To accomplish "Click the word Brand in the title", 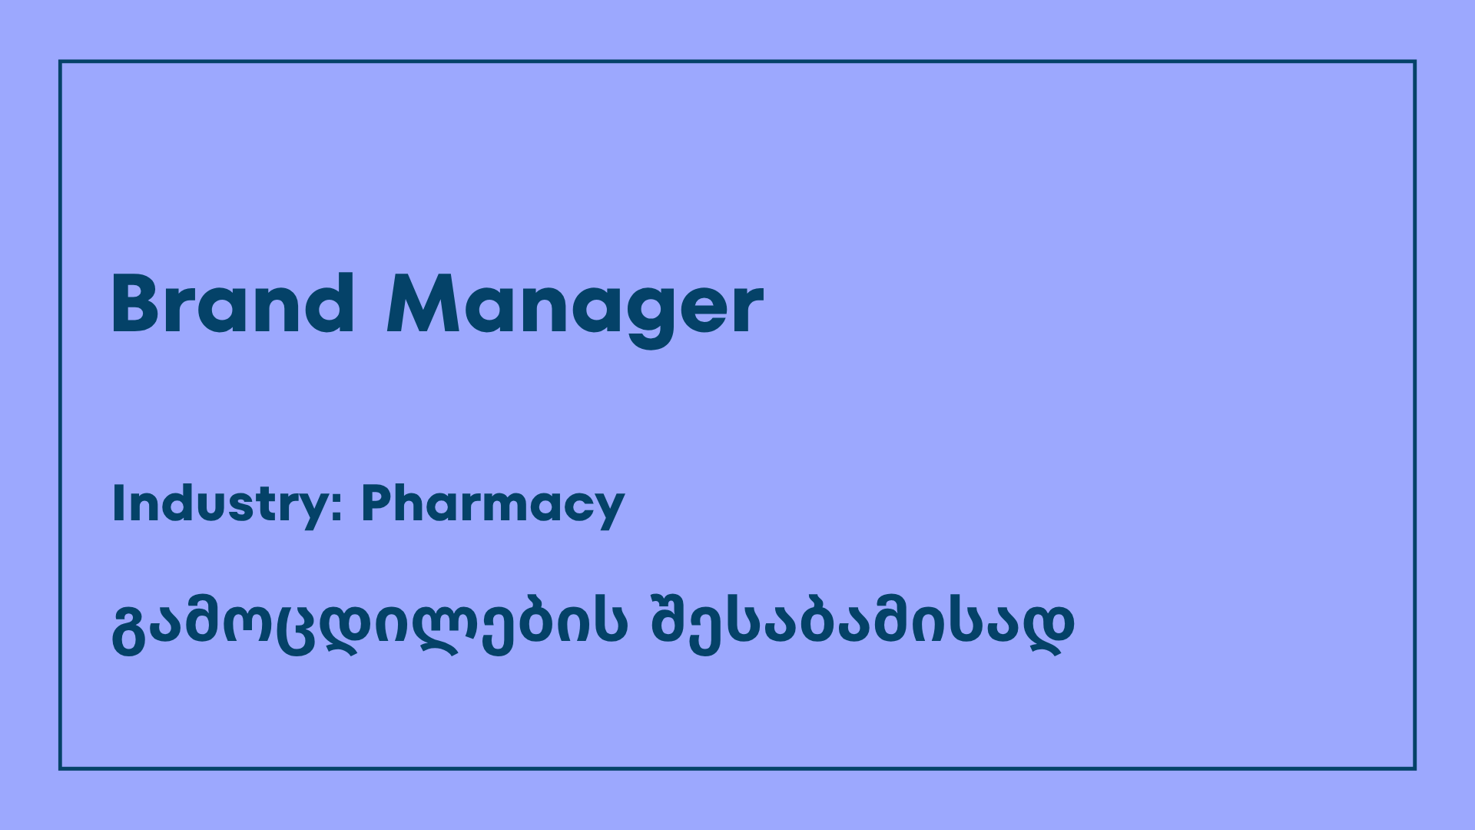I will pos(233,304).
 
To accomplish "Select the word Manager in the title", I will pos(575,306).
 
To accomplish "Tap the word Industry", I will pos(220,504).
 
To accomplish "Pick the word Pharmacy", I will pos(492,504).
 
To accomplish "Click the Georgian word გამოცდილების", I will pos(370,624).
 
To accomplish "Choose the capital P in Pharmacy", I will pos(379,503).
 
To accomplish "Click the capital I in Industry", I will pos(118,503).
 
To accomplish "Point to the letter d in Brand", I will pos(330,304).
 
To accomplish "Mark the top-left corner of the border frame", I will pos(60,61).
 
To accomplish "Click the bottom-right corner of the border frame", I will pos(1414,768).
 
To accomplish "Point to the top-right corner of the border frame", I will pos(1414,61).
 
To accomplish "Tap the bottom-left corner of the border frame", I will pos(60,768).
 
